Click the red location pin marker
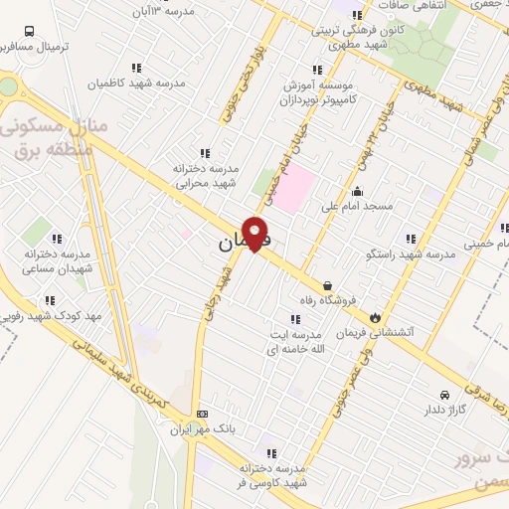[256, 233]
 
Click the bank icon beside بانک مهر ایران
[203, 414]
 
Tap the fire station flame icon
[375, 317]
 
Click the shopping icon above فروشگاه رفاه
[327, 281]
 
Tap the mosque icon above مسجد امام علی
[358, 192]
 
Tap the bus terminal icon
[29, 31]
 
